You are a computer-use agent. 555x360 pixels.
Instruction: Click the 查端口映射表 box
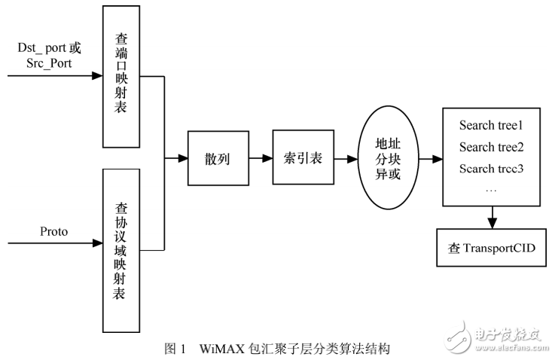tap(122, 76)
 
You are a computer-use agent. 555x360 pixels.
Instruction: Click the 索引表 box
tap(301, 159)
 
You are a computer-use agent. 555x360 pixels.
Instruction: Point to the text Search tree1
tap(490, 125)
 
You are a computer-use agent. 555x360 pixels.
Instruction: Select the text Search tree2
tap(490, 146)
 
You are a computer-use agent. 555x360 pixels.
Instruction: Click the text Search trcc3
tap(490, 167)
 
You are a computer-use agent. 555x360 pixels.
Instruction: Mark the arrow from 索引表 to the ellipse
tap(346, 160)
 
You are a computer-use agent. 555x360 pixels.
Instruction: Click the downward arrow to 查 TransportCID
tap(491, 218)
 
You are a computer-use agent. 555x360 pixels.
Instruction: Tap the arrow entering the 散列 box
tap(177, 159)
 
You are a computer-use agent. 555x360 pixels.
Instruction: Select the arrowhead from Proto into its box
tap(96, 243)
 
